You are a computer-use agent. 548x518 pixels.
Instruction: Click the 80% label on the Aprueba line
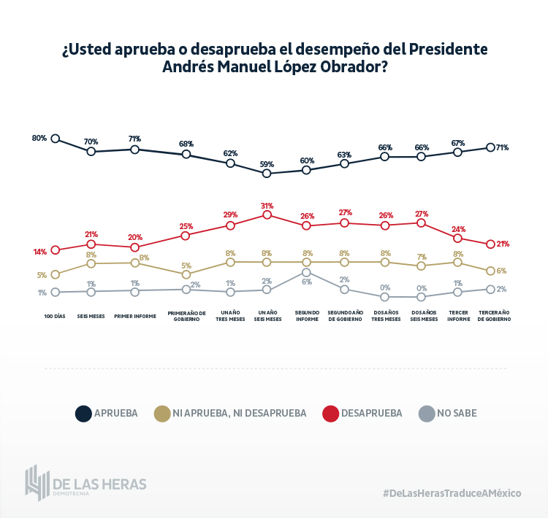click(x=39, y=138)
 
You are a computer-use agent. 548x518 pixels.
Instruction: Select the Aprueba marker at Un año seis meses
click(x=267, y=174)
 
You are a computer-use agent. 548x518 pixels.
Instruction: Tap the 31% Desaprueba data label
click(x=267, y=206)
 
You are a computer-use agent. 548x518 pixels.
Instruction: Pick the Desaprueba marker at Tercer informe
click(x=457, y=238)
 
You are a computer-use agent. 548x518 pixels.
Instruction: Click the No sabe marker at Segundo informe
click(x=307, y=272)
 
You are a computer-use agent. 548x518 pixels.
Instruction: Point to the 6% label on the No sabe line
click(x=307, y=282)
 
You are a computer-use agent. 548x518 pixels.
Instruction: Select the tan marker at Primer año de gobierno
click(x=186, y=274)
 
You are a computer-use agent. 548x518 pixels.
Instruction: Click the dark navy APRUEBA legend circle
click(x=83, y=414)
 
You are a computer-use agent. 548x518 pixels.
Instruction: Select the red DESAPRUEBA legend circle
click(x=330, y=414)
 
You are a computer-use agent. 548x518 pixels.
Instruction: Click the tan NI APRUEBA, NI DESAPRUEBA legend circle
click(x=162, y=414)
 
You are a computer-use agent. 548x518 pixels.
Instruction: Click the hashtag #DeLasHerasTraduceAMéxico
click(x=452, y=493)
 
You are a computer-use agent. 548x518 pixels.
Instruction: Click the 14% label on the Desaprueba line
click(x=39, y=252)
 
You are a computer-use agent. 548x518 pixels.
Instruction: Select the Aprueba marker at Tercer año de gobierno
click(x=491, y=147)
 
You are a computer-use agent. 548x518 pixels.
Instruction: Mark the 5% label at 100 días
click(x=42, y=275)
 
